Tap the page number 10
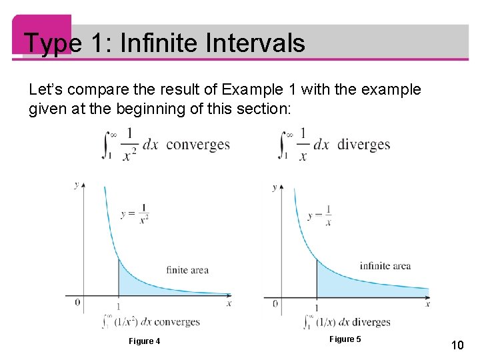(457, 345)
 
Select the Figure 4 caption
(144, 341)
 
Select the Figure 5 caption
(345, 339)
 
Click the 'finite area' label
(187, 270)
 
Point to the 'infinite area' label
(385, 266)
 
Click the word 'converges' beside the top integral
(198, 145)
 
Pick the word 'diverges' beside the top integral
(364, 144)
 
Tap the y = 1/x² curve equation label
(135, 214)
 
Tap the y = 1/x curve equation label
(319, 215)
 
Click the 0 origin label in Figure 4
(77, 303)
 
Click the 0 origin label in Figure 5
(275, 304)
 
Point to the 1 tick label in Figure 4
(119, 306)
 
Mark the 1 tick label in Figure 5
(317, 307)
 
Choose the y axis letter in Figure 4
(76, 185)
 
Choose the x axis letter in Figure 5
(427, 304)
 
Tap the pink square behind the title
(42, 35)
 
